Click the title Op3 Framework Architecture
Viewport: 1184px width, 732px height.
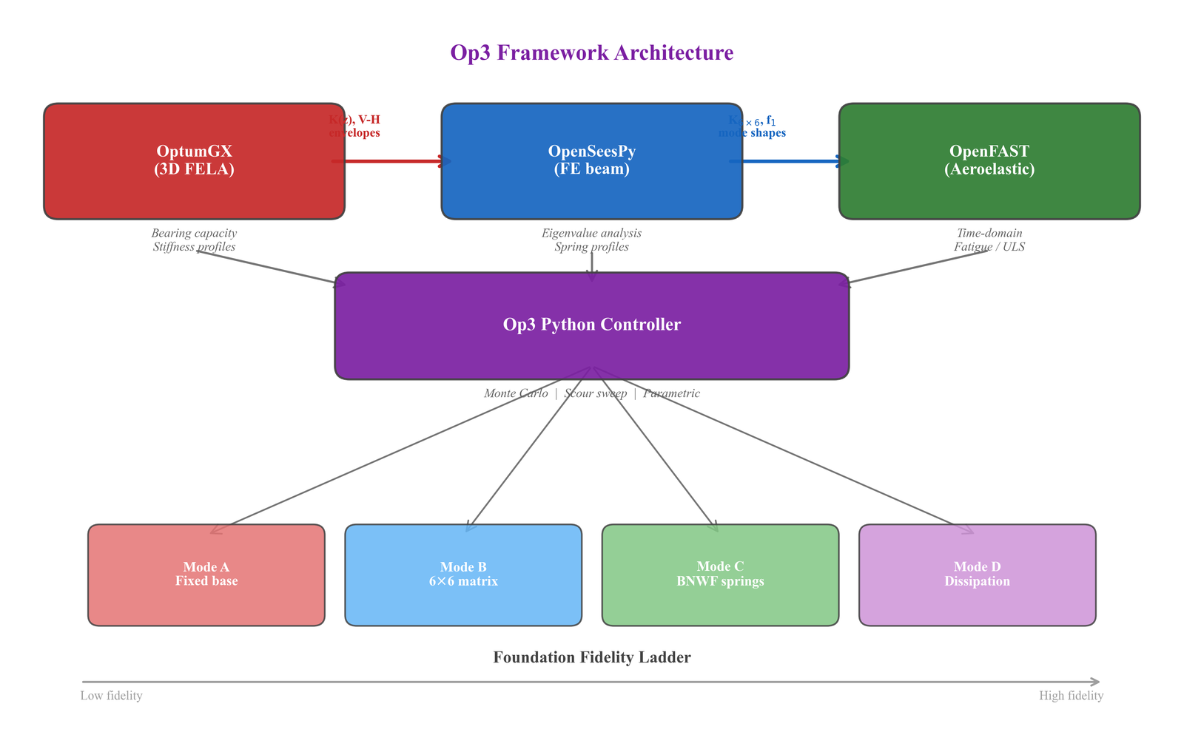click(x=592, y=53)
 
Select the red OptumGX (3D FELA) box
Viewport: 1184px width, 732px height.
click(x=194, y=160)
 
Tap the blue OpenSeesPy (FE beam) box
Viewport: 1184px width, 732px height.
click(x=592, y=160)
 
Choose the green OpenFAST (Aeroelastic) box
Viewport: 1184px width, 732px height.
click(x=989, y=160)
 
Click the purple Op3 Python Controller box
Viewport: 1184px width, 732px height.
click(x=592, y=325)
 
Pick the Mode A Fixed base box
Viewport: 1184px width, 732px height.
click(x=206, y=575)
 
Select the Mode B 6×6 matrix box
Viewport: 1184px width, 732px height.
click(x=463, y=575)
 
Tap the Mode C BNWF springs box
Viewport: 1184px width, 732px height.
click(x=720, y=575)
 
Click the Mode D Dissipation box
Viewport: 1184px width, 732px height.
click(x=977, y=575)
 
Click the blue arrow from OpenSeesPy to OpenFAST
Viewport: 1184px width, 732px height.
click(x=789, y=160)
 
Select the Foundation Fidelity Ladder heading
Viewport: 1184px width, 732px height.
click(x=592, y=657)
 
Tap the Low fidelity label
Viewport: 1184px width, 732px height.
click(x=111, y=696)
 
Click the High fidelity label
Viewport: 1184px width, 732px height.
click(x=1071, y=696)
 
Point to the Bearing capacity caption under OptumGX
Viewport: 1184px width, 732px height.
click(x=194, y=234)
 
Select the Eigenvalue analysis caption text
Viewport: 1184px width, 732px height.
click(x=592, y=234)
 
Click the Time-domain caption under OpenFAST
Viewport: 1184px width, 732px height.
click(x=989, y=234)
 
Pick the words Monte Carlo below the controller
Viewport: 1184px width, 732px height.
click(x=516, y=393)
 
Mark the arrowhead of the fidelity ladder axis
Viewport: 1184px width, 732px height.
click(x=1096, y=682)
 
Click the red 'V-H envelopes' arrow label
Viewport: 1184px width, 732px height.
click(x=355, y=126)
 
